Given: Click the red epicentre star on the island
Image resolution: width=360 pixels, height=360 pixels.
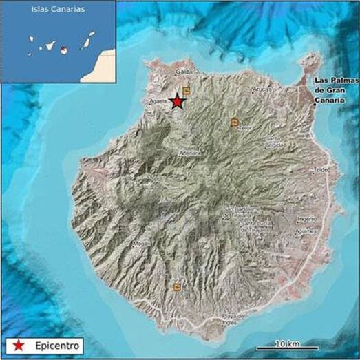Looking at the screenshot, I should [178, 102].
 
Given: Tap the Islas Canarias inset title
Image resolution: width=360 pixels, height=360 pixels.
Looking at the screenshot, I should [57, 10].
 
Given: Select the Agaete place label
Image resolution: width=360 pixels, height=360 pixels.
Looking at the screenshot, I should [158, 101].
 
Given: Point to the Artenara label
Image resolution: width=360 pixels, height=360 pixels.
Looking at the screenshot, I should [189, 152].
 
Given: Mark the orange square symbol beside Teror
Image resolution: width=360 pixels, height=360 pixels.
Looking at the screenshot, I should [235, 122].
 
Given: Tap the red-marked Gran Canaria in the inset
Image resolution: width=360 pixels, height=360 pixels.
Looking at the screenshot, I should [63, 50].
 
